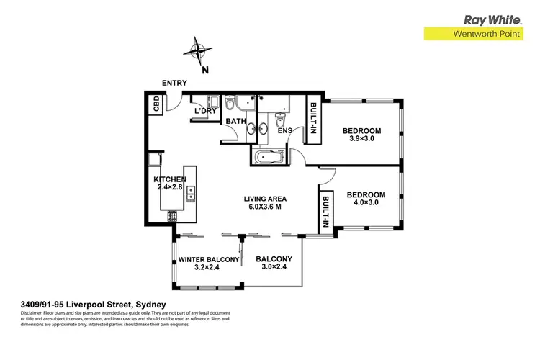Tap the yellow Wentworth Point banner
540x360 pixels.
(x=480, y=34)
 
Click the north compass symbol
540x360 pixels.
(x=196, y=52)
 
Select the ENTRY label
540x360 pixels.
(x=174, y=84)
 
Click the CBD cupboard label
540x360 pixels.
(x=156, y=105)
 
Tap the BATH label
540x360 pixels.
(x=236, y=122)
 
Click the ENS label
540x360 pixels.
(x=284, y=130)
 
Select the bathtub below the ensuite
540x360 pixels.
(x=268, y=157)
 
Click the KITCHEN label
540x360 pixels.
(x=170, y=179)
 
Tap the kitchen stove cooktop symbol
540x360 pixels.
(x=172, y=216)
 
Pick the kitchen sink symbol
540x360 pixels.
(x=192, y=193)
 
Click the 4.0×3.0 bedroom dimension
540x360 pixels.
(x=366, y=204)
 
